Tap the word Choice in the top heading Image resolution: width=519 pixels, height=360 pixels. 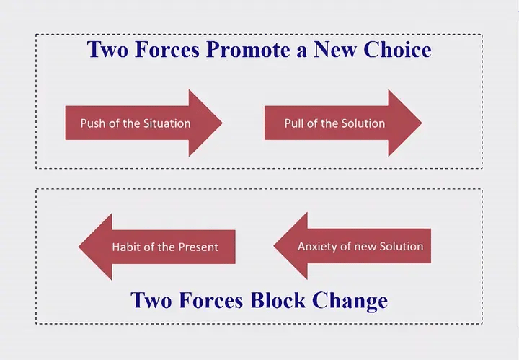tap(397, 49)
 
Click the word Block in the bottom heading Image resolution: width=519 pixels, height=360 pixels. tap(278, 300)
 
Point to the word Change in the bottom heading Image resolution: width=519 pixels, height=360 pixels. tap(350, 302)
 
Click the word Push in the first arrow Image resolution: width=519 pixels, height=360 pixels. tap(93, 123)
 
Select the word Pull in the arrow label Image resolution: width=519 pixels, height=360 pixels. tap(294, 123)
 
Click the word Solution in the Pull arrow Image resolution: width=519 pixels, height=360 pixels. tap(363, 123)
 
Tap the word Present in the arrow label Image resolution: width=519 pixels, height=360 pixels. tap(198, 247)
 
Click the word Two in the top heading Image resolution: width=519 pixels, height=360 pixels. tap(107, 49)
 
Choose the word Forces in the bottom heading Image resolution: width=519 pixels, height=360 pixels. tap(211, 300)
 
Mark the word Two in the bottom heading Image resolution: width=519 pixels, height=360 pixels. tap(151, 300)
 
